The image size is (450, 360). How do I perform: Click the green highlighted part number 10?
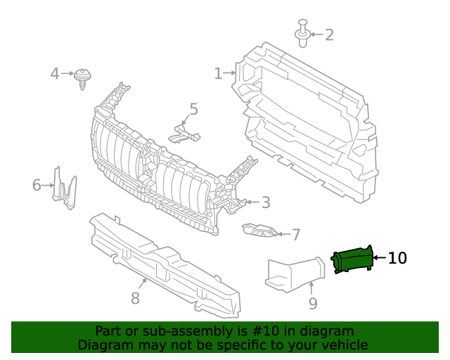tap(352, 259)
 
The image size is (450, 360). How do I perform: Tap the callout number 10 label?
tap(397, 259)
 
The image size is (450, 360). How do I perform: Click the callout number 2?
tap(328, 34)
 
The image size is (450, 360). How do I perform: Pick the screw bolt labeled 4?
tap(84, 77)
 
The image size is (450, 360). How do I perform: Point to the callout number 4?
tap(55, 73)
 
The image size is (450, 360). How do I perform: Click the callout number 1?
tap(218, 73)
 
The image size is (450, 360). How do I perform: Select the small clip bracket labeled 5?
tap(184, 132)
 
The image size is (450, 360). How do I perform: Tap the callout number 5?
tap(193, 109)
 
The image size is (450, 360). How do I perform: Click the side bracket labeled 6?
tap(65, 188)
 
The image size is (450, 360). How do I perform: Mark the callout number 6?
tap(37, 186)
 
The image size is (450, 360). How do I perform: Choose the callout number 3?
tap(265, 202)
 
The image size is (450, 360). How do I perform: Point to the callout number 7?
tap(296, 234)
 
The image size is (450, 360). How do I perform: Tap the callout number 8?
tap(135, 299)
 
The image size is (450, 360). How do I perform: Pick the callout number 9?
tap(313, 303)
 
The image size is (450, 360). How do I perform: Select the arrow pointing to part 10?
tap(379, 259)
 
